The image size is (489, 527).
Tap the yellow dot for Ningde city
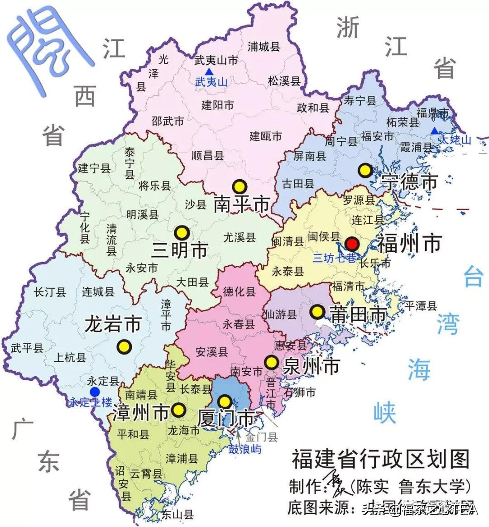tap(365, 171)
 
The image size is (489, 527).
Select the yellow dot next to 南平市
tap(239, 186)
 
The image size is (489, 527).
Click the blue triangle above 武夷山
tap(209, 72)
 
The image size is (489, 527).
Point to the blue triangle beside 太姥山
tap(434, 131)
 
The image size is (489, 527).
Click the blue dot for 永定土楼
tap(94, 392)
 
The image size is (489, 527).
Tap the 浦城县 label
tap(264, 47)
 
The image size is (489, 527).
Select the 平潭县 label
tap(421, 306)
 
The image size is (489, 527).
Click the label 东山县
tap(177, 514)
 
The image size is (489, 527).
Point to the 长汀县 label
tap(50, 292)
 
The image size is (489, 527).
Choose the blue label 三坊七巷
tap(335, 258)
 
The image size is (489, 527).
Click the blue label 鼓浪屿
tap(244, 450)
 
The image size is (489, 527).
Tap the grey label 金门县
tap(261, 437)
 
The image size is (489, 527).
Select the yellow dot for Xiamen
tap(225, 401)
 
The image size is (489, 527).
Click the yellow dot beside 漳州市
tap(179, 410)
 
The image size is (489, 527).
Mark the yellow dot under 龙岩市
tap(123, 347)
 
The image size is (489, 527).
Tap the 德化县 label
tap(240, 292)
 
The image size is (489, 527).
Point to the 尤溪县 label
tap(240, 237)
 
